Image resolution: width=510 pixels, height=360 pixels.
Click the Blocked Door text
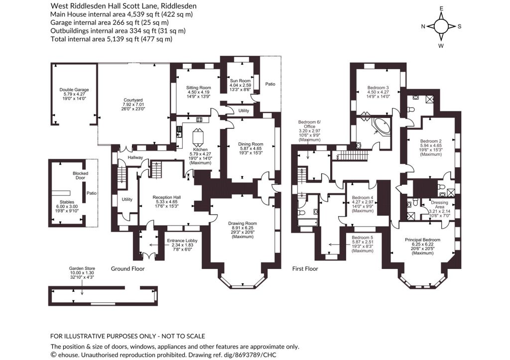click(80, 176)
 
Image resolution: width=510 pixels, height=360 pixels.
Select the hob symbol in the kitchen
click(199, 120)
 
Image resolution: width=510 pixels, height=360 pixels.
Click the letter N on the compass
click(423, 27)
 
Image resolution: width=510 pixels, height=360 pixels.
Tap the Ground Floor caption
click(128, 268)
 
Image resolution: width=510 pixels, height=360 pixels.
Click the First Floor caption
click(305, 268)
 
